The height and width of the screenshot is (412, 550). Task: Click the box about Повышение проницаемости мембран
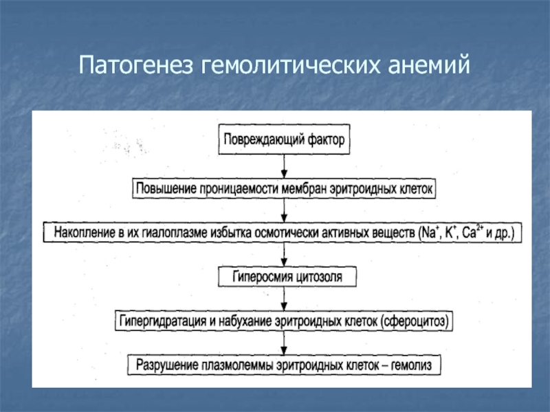(284, 187)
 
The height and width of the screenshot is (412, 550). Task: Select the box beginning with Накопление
(283, 232)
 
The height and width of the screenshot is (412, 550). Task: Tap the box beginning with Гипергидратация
(285, 321)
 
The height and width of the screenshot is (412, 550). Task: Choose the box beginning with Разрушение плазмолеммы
(283, 365)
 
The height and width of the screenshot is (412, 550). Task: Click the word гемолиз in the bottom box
(411, 366)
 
